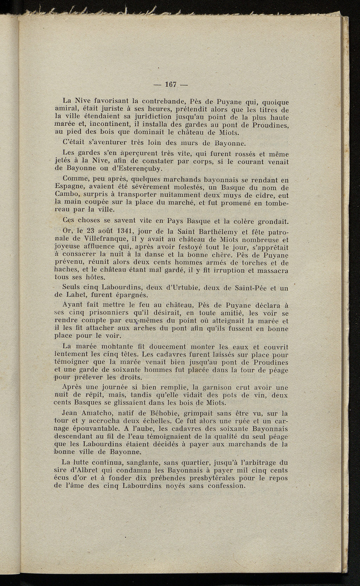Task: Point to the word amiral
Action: click(66, 110)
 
